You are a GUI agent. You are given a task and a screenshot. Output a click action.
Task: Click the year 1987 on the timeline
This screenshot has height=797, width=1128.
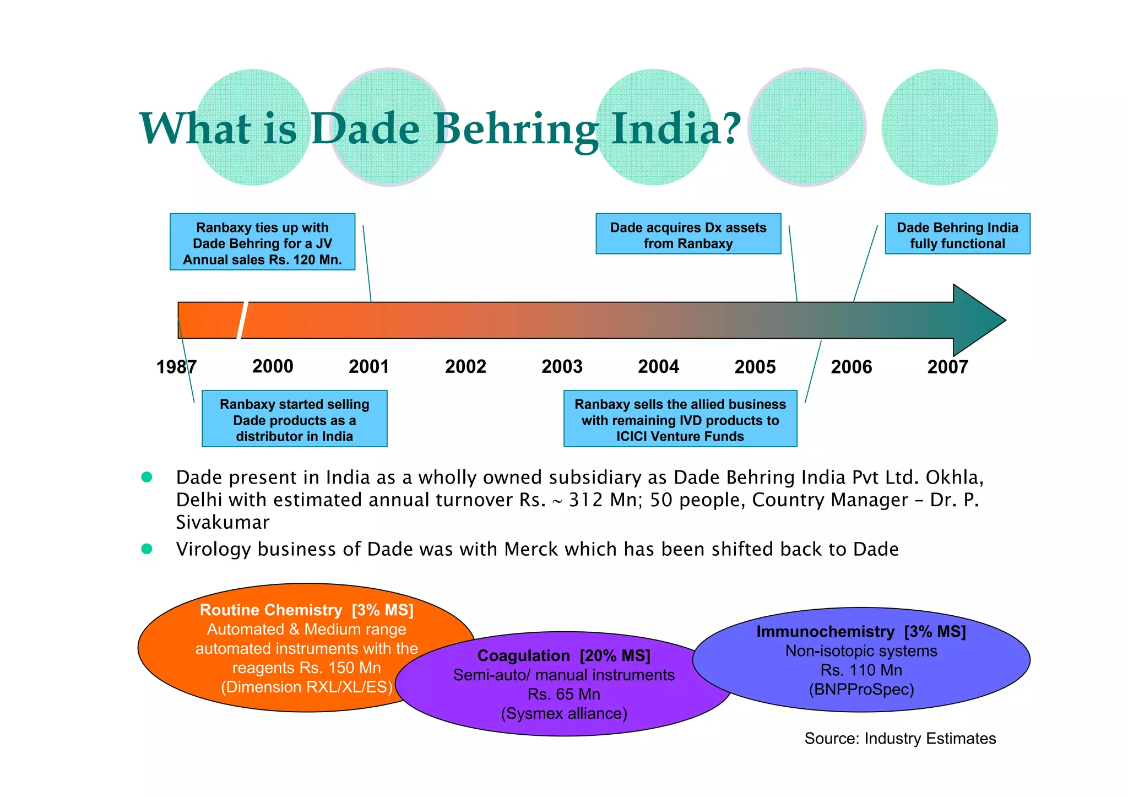[176, 367]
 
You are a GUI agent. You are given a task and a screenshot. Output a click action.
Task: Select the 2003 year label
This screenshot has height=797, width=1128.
[562, 367]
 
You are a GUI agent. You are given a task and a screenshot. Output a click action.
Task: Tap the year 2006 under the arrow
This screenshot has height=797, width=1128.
[851, 367]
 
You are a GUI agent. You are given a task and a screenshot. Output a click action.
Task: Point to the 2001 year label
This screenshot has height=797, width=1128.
[369, 367]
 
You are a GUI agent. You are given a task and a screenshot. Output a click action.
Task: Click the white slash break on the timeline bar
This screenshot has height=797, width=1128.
[242, 320]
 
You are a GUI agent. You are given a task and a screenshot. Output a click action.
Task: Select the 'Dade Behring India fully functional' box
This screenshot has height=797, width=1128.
[957, 234]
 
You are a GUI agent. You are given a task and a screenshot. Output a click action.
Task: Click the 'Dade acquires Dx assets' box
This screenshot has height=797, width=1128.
[688, 234]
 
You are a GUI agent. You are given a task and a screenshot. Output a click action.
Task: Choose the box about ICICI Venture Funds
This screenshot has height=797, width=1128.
[680, 419]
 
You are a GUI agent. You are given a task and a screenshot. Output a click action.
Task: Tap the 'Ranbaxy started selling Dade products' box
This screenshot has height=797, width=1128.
[294, 419]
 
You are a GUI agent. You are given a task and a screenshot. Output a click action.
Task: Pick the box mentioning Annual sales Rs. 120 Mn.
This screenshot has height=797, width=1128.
[262, 242]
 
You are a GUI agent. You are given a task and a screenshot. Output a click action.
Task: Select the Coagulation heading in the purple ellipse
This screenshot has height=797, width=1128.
[524, 655]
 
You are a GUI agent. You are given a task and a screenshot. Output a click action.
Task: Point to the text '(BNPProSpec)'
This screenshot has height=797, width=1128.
[861, 690]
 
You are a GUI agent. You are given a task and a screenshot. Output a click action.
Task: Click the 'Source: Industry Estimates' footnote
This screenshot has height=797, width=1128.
[900, 739]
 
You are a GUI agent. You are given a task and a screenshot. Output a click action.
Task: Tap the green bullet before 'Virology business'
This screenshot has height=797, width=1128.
[147, 549]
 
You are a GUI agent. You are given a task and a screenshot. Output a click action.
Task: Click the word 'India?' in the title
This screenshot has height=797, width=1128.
[676, 129]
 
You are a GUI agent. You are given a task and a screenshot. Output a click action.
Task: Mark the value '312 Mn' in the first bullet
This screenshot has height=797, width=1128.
[605, 500]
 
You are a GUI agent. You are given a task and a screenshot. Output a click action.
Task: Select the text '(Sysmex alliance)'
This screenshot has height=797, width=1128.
[564, 714]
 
